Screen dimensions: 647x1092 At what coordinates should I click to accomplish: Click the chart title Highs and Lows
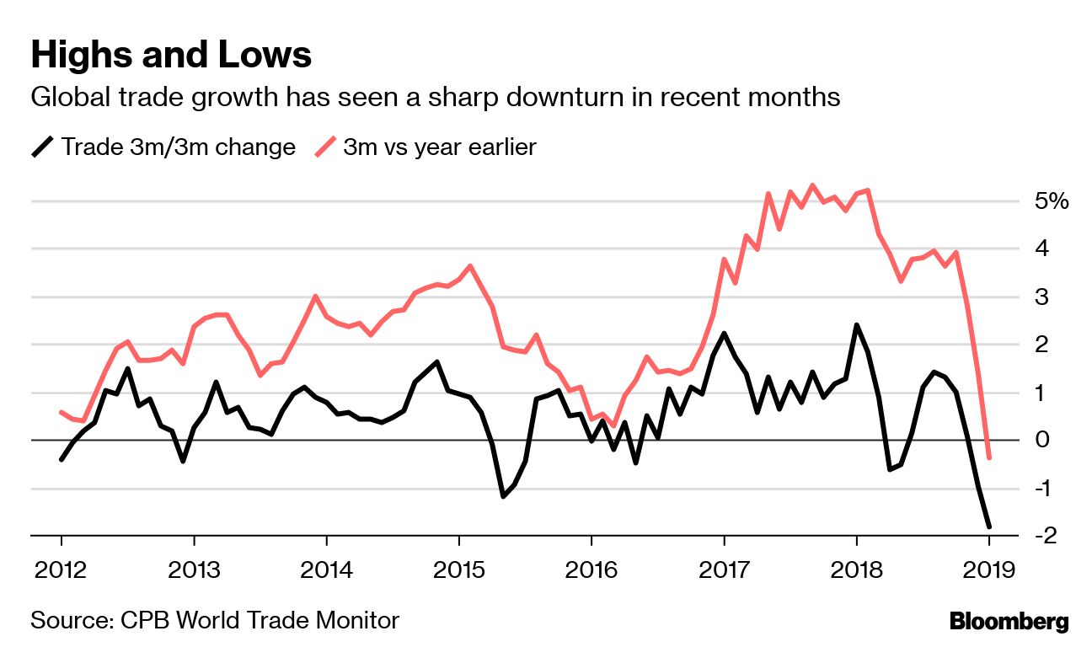click(x=171, y=56)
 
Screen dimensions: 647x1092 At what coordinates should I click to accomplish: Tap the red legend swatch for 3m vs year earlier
click(x=326, y=147)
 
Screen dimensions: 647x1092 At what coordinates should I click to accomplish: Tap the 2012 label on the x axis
click(x=62, y=569)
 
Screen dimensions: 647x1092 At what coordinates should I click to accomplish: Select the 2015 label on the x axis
click(x=459, y=569)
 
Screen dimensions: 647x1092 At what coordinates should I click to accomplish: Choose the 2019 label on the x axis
click(x=989, y=569)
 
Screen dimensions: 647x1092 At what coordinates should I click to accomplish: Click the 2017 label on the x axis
click(x=724, y=569)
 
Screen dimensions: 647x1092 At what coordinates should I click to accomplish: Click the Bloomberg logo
click(x=1009, y=623)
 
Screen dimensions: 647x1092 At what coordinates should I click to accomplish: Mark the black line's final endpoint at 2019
click(x=989, y=527)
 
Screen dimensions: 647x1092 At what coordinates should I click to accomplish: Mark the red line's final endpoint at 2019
click(x=989, y=457)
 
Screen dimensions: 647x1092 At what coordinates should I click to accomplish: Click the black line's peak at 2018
click(x=856, y=325)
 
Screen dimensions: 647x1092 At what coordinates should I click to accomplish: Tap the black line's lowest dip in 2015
click(x=503, y=496)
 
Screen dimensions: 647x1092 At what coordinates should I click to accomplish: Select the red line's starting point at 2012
click(x=62, y=412)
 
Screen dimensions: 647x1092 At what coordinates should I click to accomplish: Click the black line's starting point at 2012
click(x=62, y=459)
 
